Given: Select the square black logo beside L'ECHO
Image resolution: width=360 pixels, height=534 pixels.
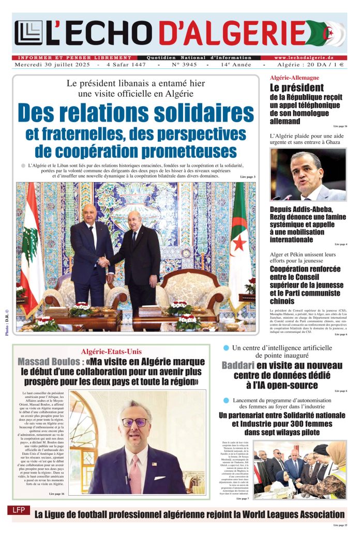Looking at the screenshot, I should [x=28, y=33].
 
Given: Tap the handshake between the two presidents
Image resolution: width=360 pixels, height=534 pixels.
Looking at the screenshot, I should [x=104, y=262].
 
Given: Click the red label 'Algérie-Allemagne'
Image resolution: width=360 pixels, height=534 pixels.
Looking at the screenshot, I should [x=294, y=78].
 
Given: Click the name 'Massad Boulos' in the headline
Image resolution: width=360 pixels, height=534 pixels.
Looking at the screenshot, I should [x=49, y=361].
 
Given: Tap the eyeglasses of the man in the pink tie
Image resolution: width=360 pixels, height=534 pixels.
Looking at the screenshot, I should [x=134, y=422].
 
